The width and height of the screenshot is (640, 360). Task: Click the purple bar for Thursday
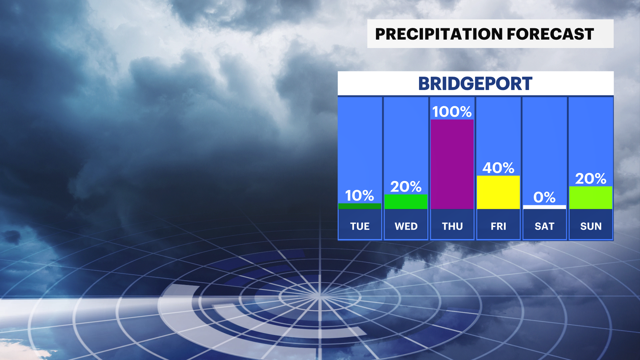[452, 164]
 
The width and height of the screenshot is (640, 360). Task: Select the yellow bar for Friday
[498, 192]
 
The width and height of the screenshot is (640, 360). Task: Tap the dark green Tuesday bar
[360, 206]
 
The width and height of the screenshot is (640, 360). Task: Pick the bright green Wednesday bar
[406, 202]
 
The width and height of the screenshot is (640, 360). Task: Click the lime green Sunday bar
[591, 198]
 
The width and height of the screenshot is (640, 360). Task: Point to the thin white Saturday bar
[545, 207]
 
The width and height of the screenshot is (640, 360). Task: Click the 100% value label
[452, 112]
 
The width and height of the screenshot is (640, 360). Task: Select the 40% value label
[498, 168]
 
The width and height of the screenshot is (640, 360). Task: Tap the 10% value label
[359, 196]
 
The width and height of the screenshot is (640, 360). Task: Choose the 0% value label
[544, 197]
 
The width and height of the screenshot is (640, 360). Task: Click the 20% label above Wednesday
[406, 187]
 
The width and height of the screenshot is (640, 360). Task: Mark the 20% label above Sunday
[591, 179]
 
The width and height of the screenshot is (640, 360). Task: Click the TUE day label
[360, 226]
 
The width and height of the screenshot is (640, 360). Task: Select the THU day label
[452, 226]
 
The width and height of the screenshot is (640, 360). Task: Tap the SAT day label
[544, 226]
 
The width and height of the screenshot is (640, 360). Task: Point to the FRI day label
[498, 226]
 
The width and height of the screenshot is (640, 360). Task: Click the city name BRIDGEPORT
[475, 84]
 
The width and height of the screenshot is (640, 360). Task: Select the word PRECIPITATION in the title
[439, 34]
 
